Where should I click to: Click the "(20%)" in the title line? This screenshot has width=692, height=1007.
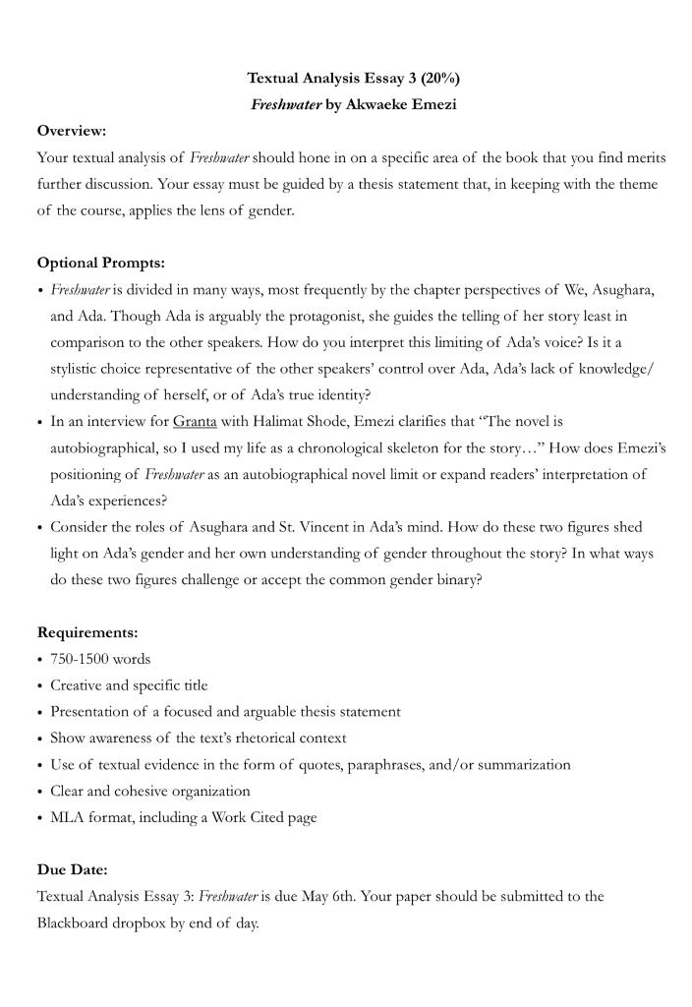pyautogui.click(x=436, y=77)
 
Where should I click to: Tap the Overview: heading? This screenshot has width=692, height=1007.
pyautogui.click(x=72, y=130)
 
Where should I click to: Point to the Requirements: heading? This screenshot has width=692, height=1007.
pyautogui.click(x=87, y=632)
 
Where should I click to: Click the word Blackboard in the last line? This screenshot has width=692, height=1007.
pyautogui.click(x=74, y=923)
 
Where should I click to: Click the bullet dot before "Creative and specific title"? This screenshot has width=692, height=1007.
pyautogui.click(x=39, y=685)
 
